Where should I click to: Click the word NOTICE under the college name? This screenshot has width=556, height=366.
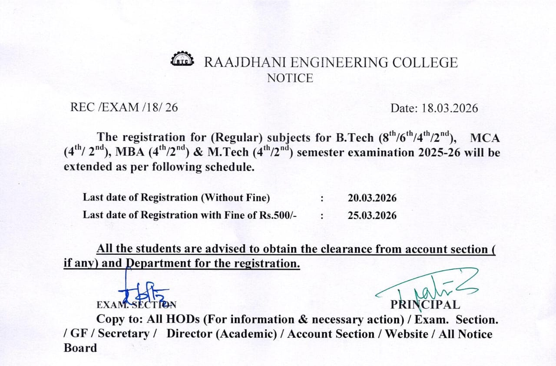point(290,78)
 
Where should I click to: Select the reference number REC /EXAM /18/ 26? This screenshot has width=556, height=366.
point(124,107)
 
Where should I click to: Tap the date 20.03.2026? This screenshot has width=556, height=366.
point(372,198)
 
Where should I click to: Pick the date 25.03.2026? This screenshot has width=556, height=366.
point(372,215)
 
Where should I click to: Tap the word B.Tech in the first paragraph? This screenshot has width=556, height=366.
point(354,138)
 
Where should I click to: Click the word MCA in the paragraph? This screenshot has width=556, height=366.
point(485,138)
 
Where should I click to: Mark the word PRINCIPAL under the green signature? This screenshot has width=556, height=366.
point(425,305)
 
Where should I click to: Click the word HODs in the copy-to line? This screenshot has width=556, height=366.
point(182,319)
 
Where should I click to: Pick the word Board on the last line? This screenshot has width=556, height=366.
point(80,348)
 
